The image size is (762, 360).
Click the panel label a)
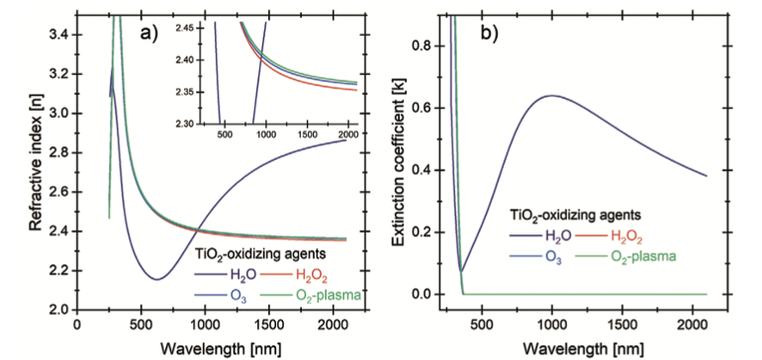point(148,35)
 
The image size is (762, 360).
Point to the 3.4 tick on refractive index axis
point(60,35)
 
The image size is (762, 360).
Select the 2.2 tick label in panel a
point(60,271)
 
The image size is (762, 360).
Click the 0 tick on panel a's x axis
point(77,323)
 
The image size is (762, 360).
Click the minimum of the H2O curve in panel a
point(157,279)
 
